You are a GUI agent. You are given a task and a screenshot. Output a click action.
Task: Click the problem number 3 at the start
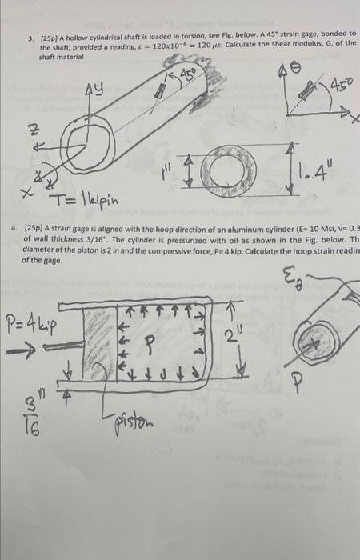tap(30, 38)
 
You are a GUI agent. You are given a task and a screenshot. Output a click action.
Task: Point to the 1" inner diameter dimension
tap(165, 169)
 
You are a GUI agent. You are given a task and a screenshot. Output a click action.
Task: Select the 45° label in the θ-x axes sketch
tap(334, 82)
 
